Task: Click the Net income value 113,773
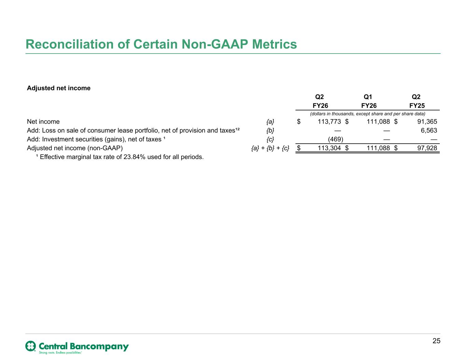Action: [x=329, y=122]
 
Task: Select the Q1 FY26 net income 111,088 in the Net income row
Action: [x=378, y=122]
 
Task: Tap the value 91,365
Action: [x=427, y=122]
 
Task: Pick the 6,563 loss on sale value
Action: [x=429, y=130]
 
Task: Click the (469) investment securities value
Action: [x=336, y=140]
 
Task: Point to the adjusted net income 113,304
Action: [x=329, y=148]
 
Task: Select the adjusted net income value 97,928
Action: [x=427, y=148]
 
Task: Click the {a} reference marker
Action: [x=270, y=122]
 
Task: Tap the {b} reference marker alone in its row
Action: [x=270, y=131]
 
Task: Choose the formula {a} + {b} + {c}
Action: [x=270, y=148]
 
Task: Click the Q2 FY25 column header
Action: [x=417, y=101]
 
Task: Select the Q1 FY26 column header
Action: [x=369, y=101]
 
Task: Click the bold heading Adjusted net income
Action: [x=58, y=88]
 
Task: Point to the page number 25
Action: [x=436, y=341]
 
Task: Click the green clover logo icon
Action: [x=31, y=346]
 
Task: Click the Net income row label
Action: [x=43, y=122]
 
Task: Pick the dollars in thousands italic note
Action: [x=368, y=114]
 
